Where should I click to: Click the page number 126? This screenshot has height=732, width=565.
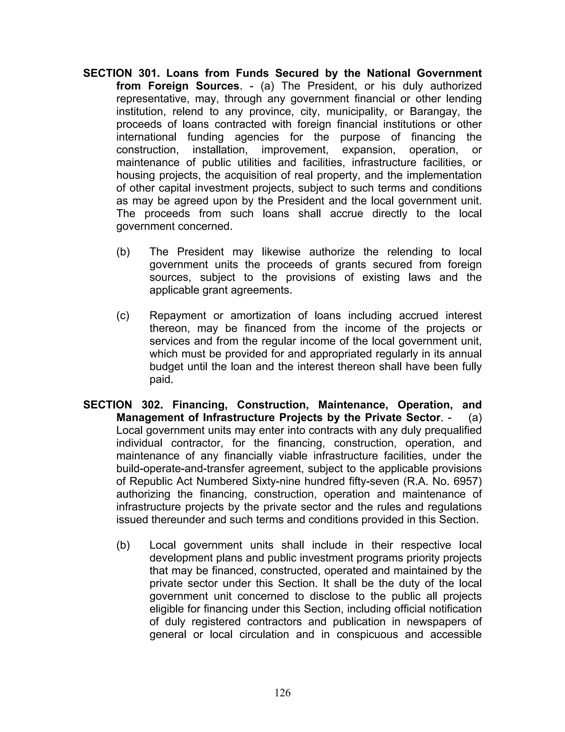tap(282, 692)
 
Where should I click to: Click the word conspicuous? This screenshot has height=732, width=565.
tap(367, 635)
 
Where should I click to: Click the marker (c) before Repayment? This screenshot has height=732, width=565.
tap(123, 316)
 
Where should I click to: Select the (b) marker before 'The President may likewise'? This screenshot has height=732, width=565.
tap(123, 252)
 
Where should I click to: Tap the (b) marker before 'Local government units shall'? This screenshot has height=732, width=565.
tap(123, 545)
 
